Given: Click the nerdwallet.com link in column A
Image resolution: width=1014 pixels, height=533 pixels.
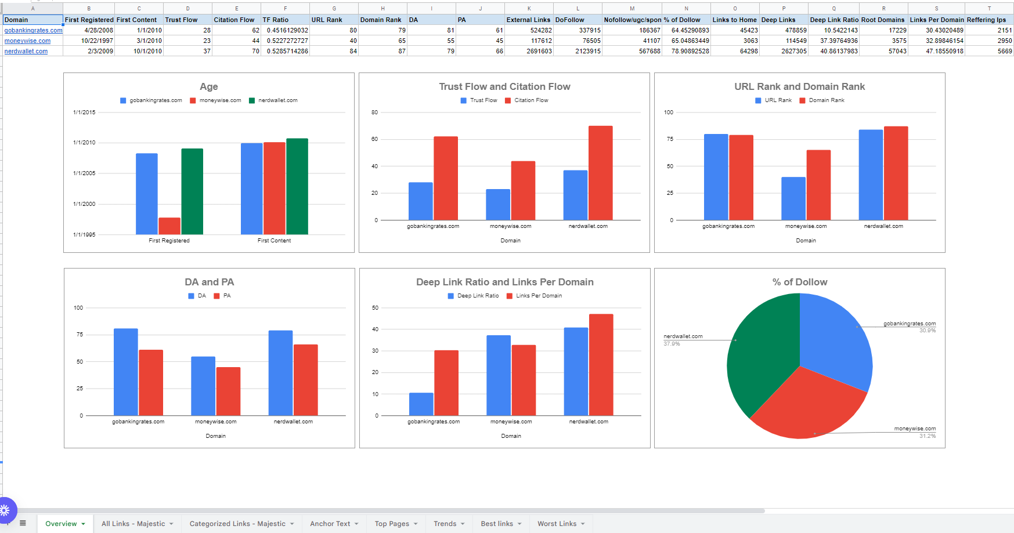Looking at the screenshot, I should tap(26, 51).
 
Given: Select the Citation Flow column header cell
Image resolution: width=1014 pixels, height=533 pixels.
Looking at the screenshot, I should tap(234, 20).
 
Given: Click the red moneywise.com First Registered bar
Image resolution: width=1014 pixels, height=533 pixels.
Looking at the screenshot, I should tap(169, 226).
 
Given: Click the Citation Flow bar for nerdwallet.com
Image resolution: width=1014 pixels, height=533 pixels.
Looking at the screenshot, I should tap(600, 173).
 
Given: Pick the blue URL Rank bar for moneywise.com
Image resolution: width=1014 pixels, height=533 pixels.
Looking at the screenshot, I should tap(793, 198).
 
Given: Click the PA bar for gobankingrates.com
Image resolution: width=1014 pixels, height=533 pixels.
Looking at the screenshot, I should tap(151, 382).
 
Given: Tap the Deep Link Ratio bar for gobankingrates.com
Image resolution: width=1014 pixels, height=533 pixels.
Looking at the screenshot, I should tap(421, 404).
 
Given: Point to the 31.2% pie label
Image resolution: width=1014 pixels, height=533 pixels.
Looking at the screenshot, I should tap(927, 436).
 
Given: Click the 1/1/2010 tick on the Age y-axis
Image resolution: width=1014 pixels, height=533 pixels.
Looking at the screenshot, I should tap(84, 143).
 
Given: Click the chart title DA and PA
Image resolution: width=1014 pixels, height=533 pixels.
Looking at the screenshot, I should tap(209, 282).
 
